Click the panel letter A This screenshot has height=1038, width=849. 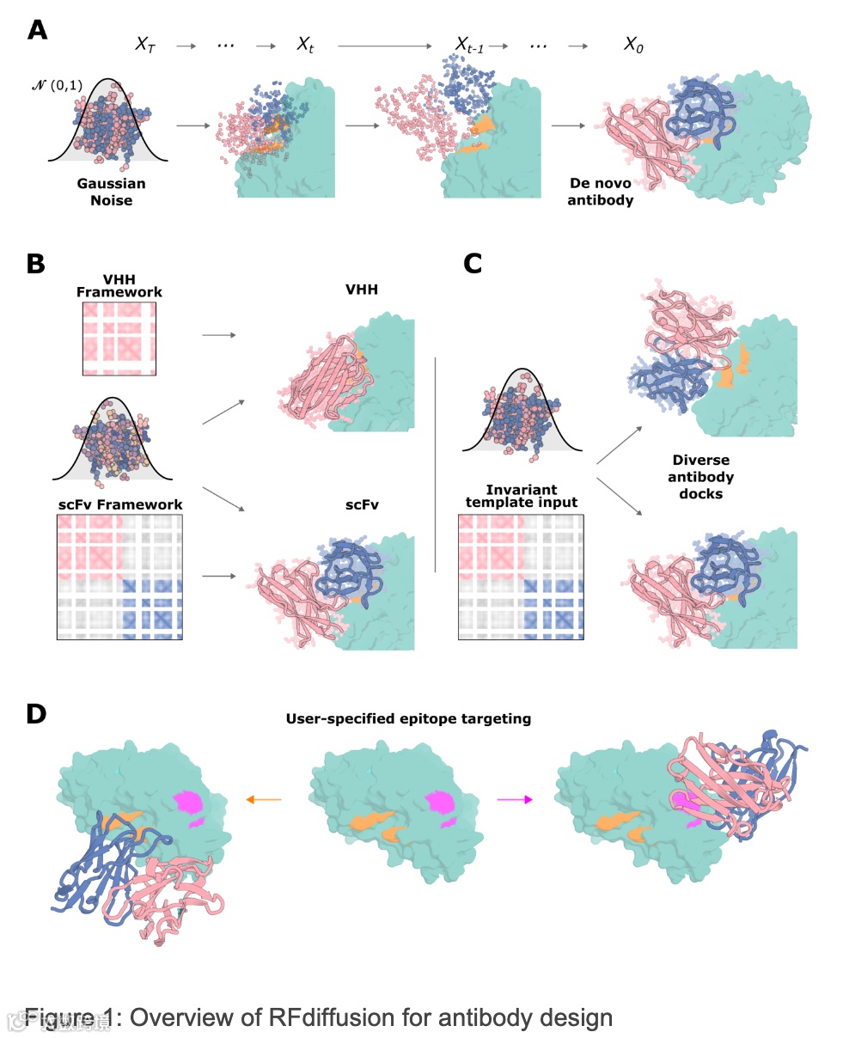point(37,30)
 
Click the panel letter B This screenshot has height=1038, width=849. point(35,263)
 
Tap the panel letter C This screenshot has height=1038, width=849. point(472,263)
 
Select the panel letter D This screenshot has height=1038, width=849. point(36,713)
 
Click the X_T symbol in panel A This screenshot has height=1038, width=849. point(146,45)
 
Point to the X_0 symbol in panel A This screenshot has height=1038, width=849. point(633,46)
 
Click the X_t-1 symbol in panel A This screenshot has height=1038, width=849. point(469,46)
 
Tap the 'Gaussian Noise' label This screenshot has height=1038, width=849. point(112,192)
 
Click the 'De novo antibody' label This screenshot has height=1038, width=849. point(600,192)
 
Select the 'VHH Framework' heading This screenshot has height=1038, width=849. point(119,285)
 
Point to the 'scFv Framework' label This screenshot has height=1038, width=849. point(120,504)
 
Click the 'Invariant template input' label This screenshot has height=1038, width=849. point(522,496)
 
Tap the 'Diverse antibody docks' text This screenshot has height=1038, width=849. point(700,477)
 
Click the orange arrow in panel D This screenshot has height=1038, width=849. point(264,800)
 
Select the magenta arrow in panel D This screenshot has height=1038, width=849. point(515,800)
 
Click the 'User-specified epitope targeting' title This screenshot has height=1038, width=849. point(408,718)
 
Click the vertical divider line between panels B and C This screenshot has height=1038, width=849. point(436,465)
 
